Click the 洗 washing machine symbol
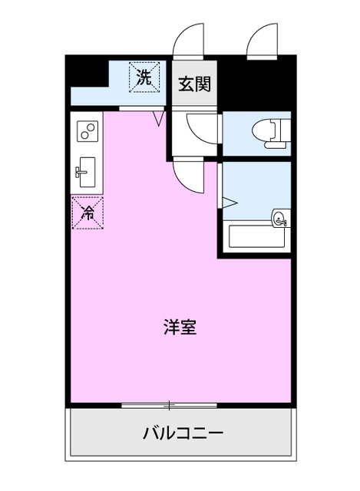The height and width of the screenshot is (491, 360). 144,76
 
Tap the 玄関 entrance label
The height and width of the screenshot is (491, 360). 194,84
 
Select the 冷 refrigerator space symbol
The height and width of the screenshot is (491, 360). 88,212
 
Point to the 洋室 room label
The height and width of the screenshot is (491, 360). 180,327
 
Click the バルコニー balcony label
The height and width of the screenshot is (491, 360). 183,433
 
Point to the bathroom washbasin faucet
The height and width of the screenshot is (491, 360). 281,220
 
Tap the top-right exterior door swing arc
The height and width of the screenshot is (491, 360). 260,42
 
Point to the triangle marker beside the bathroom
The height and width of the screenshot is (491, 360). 229,203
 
